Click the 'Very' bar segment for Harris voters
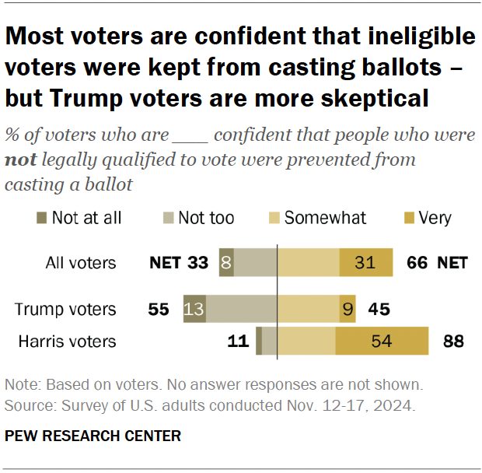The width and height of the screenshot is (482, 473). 382,341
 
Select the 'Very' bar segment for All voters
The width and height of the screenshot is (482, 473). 366,263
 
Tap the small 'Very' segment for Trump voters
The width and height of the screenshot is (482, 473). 348,309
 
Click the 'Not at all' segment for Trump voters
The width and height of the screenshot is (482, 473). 194,309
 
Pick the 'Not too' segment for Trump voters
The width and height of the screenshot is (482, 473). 241,309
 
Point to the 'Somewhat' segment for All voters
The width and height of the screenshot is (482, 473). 309,263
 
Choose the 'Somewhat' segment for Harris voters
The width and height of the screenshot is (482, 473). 307,341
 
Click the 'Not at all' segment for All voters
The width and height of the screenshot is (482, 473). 225,263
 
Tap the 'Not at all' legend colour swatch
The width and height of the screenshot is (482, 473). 42,218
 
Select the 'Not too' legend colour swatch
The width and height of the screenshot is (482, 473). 169,218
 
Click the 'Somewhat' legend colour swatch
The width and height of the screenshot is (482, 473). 274,218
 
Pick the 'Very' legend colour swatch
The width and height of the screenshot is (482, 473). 409,218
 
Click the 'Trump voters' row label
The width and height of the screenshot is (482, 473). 65,310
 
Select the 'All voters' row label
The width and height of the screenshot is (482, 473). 80,263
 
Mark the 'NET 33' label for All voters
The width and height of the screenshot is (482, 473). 179,263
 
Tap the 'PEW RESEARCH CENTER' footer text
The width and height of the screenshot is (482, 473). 93,436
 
